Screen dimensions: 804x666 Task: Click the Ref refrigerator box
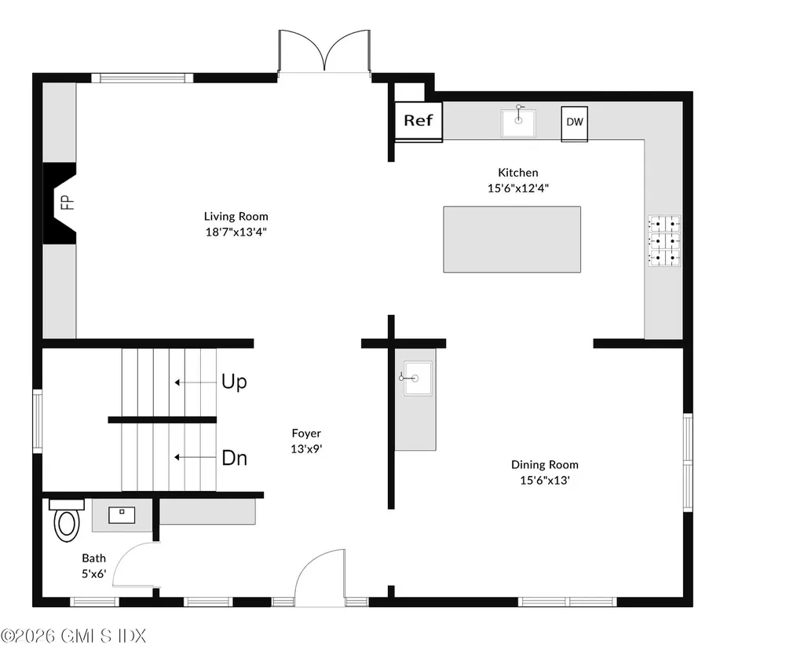tap(418, 121)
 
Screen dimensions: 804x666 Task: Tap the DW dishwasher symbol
tap(574, 123)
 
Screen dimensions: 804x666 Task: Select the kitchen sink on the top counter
tap(518, 123)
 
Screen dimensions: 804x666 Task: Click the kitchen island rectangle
tap(512, 239)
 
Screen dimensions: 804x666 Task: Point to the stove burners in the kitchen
tap(664, 240)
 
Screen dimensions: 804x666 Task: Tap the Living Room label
tap(236, 217)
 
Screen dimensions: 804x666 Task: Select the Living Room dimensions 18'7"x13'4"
tap(236, 232)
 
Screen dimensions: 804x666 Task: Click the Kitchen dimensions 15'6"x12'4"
tap(518, 188)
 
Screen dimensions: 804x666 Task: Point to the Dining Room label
tap(545, 465)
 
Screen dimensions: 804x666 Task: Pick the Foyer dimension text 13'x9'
tap(306, 449)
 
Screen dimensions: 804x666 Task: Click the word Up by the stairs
tap(234, 382)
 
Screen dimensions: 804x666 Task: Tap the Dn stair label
tap(234, 458)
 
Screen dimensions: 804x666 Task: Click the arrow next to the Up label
tap(196, 382)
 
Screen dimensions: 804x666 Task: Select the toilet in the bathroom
tap(67, 520)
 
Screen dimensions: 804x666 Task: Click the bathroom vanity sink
tap(122, 514)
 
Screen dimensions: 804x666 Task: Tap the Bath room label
tap(94, 558)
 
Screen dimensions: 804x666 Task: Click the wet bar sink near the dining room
tap(418, 378)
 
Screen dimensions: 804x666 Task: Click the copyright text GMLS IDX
tap(103, 636)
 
